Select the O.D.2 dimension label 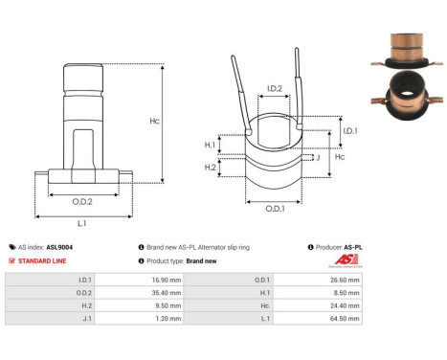click(83, 201)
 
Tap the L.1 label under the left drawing click(82, 222)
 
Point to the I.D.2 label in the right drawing click(274, 89)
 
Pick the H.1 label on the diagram click(211, 145)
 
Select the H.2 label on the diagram click(211, 169)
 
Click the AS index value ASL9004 click(59, 247)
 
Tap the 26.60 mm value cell click(344, 281)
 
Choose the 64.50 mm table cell click(344, 324)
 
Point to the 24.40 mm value click(344, 309)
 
